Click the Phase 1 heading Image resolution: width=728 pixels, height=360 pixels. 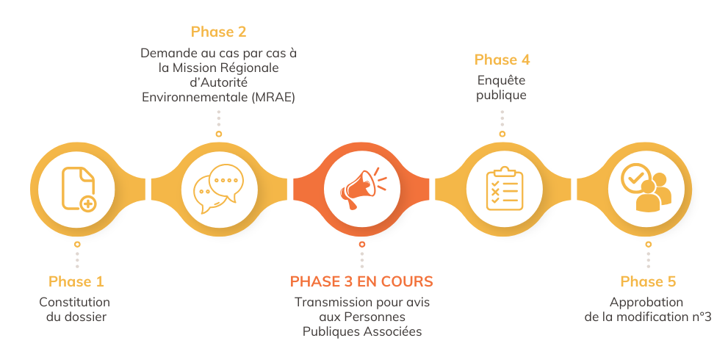[76, 281]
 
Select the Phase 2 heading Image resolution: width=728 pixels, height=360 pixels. [218, 32]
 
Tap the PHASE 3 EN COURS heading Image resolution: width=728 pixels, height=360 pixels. [361, 281]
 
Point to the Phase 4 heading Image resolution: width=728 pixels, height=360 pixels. [502, 60]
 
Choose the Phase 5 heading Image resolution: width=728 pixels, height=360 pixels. [648, 281]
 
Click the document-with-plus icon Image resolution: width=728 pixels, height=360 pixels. [77, 189]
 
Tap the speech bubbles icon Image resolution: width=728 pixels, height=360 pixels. [218, 189]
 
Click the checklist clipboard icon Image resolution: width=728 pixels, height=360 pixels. [504, 189]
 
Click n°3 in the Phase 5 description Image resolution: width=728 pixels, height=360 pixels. [702, 317]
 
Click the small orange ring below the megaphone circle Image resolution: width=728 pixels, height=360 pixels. [361, 244]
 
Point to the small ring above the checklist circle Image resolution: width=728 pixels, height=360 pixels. [502, 134]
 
